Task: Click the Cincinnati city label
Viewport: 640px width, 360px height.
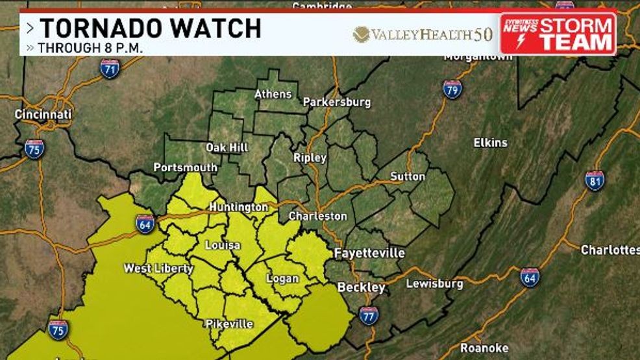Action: (43, 115)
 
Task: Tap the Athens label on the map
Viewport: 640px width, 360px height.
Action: (273, 94)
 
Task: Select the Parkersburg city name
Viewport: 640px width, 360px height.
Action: (336, 102)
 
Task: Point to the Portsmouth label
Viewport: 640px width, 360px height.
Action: (185, 167)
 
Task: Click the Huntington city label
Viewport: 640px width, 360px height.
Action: (238, 207)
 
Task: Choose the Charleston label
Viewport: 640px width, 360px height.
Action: (317, 215)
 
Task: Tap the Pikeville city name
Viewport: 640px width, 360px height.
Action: (229, 324)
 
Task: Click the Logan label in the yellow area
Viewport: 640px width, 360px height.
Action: (283, 279)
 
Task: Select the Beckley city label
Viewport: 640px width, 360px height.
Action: (361, 287)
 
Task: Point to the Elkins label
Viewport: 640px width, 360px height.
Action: (490, 142)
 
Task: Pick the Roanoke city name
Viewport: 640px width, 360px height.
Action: (484, 348)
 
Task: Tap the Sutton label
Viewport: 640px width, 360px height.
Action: (408, 176)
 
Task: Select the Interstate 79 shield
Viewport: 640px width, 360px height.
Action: (452, 89)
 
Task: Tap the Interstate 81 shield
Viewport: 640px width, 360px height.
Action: (595, 181)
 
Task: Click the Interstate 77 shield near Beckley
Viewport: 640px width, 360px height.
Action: (368, 315)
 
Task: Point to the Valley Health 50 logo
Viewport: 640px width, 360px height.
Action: (423, 34)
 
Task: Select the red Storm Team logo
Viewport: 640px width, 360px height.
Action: (558, 34)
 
